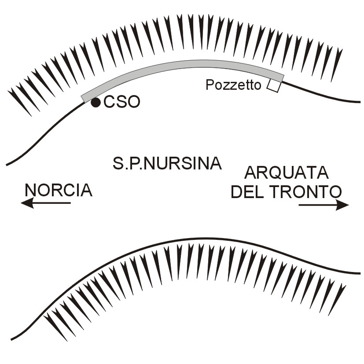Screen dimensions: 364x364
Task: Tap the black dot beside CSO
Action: [96, 103]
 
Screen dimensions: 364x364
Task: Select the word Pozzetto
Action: [233, 85]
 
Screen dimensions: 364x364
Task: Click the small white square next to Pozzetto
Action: [273, 86]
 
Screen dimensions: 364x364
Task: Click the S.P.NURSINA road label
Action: [167, 164]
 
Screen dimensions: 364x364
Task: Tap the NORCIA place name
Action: [59, 190]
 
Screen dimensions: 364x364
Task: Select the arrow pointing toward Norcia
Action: [46, 203]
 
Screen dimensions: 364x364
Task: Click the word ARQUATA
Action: [287, 173]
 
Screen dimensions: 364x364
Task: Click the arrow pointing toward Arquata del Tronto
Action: [324, 205]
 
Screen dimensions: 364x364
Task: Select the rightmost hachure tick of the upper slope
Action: [336, 64]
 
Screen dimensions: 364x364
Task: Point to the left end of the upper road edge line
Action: [7, 165]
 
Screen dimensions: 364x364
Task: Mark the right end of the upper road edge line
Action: [360, 102]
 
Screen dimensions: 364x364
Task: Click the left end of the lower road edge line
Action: [11, 339]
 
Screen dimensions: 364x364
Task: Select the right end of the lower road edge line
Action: [360, 273]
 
